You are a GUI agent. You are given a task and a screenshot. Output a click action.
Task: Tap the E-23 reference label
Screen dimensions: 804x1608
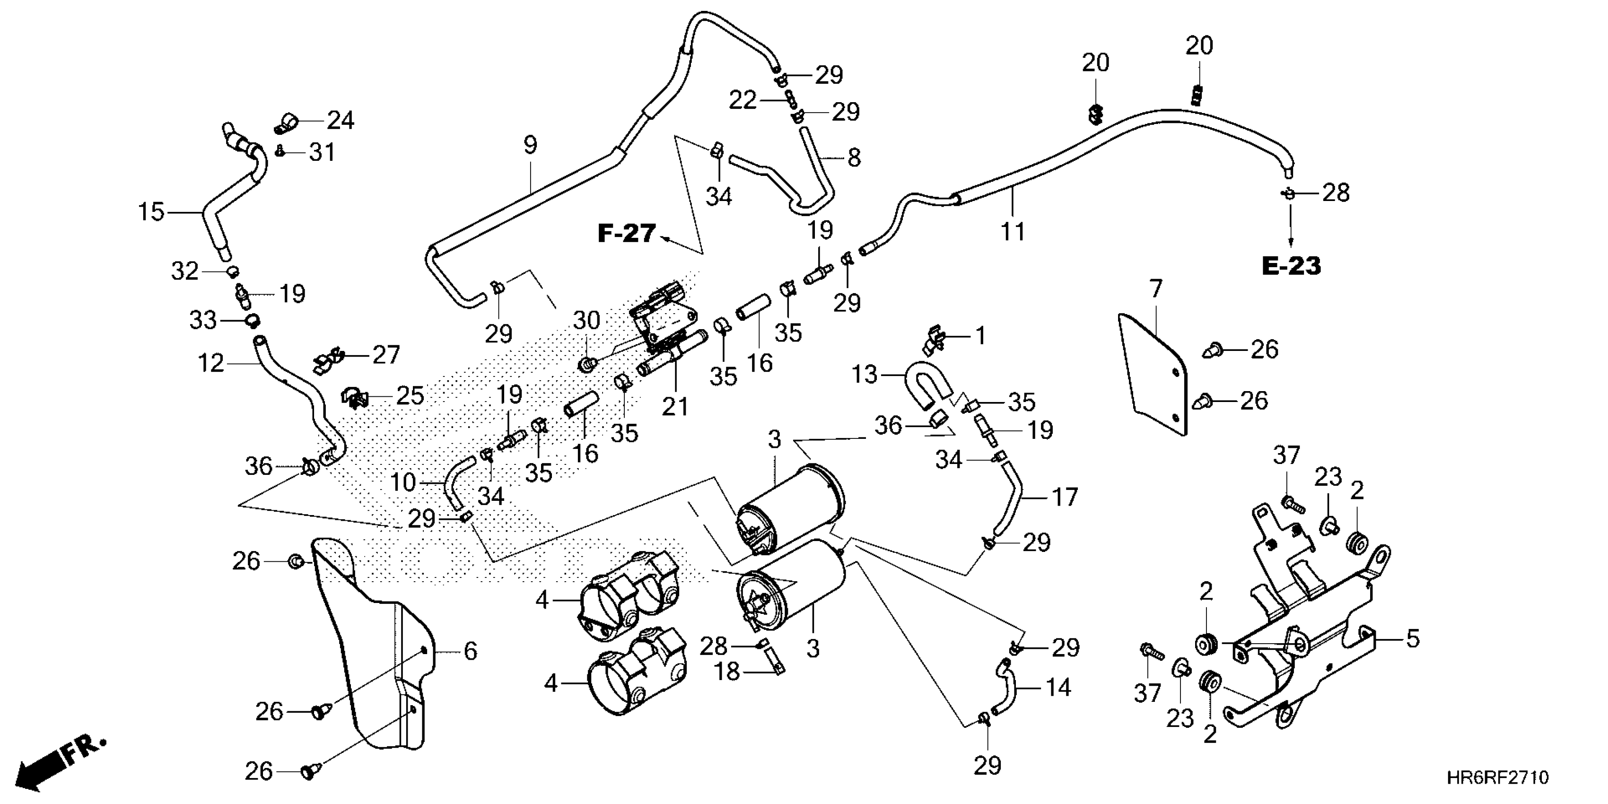pos(1291,267)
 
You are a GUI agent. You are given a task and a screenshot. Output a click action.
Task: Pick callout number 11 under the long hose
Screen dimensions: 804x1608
pos(1013,232)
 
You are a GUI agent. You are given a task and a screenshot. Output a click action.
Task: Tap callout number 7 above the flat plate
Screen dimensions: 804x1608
pos(1155,289)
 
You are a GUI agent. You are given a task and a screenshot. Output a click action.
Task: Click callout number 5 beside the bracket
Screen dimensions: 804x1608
pos(1413,638)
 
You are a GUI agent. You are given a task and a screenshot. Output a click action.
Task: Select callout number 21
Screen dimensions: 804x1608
pos(674,407)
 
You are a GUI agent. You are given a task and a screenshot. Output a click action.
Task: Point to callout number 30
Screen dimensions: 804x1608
pos(586,320)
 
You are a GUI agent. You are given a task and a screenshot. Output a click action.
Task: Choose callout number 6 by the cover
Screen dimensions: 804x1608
pos(470,651)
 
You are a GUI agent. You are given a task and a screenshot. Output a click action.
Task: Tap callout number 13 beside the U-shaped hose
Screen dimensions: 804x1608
pos(865,375)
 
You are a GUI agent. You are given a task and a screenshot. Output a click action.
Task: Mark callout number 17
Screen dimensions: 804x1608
pos(1065,497)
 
